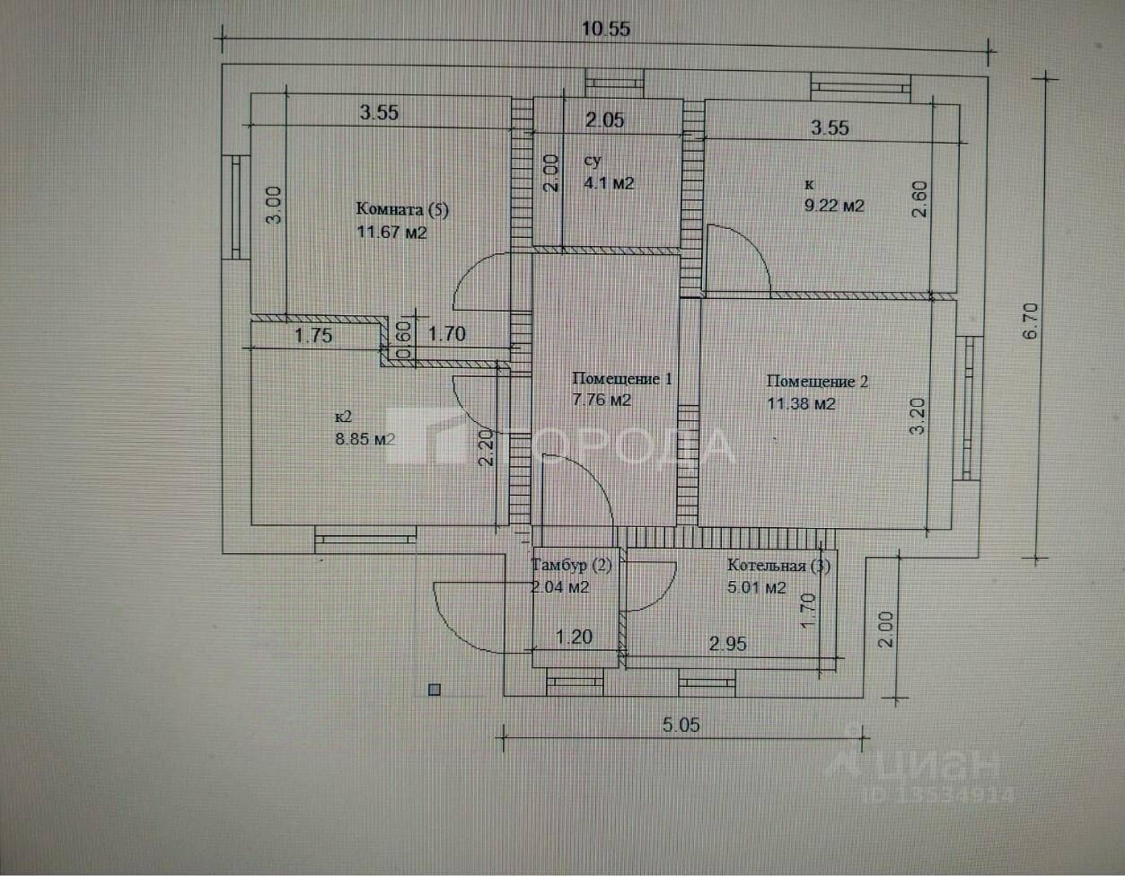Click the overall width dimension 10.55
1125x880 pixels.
[605, 29]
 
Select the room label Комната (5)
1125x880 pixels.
[401, 210]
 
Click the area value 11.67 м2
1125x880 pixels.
[391, 233]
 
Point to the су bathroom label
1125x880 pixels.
[592, 161]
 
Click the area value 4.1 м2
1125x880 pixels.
[609, 183]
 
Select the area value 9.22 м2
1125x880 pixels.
[833, 206]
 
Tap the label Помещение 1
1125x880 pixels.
[622, 379]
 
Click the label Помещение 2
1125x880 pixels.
[817, 382]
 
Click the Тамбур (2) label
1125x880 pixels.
[572, 566]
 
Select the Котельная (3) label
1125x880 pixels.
[778, 566]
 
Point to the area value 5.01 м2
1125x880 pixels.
[757, 588]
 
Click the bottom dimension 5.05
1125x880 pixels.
[681, 725]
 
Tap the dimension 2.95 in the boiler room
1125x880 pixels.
[727, 644]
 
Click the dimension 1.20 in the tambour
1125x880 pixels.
[574, 637]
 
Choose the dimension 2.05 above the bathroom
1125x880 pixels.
[604, 120]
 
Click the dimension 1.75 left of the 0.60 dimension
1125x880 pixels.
[314, 336]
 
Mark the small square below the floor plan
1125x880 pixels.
[435, 690]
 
